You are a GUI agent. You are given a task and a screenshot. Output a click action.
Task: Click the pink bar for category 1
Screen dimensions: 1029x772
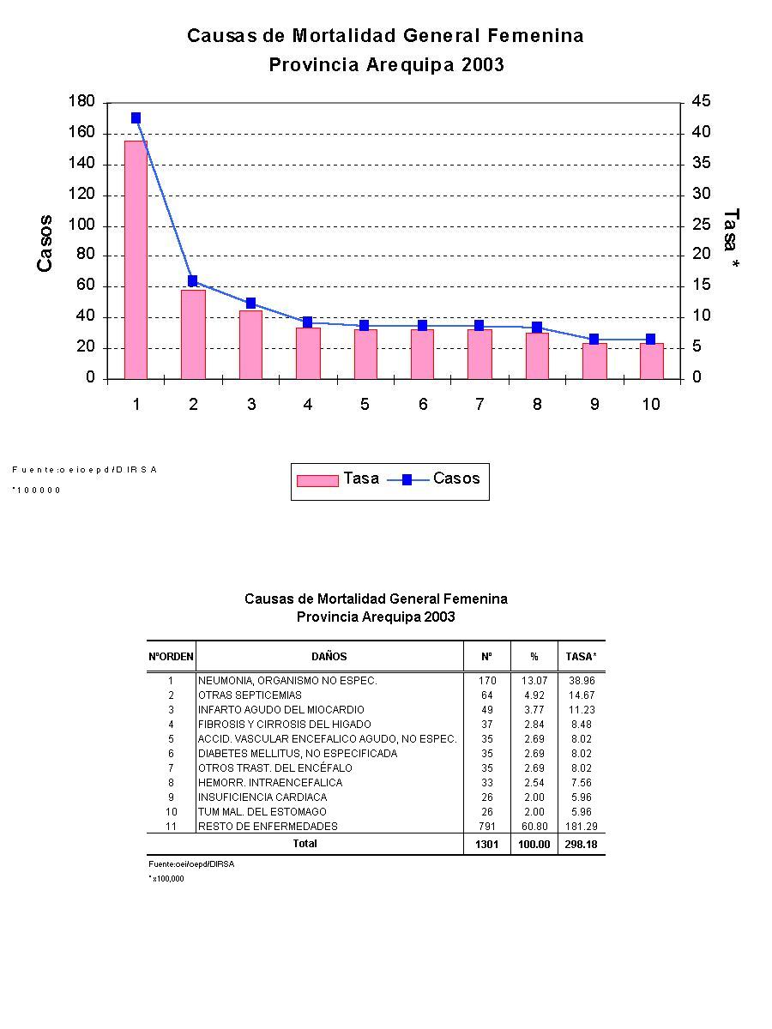pos(136,259)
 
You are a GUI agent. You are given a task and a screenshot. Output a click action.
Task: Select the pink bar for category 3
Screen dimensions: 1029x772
pos(250,345)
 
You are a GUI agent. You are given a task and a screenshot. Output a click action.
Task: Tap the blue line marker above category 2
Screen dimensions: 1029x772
pos(193,281)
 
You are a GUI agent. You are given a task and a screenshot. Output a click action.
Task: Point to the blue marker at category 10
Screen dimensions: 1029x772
pos(650,340)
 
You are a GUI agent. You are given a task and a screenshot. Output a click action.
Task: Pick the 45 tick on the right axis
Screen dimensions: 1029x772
pos(700,102)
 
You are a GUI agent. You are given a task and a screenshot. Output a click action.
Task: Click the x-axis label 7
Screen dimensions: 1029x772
pos(479,404)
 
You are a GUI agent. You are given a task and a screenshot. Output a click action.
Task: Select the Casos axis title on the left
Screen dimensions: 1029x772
pos(45,244)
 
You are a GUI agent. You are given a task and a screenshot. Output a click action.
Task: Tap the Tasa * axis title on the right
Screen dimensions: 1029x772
pos(731,240)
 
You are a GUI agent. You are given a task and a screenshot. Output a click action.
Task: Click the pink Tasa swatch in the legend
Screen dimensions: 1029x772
pos(317,480)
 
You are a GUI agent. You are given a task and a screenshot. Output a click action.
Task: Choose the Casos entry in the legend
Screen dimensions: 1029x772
pos(455,478)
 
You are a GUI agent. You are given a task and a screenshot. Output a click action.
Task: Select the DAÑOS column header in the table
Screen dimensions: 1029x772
pos(329,657)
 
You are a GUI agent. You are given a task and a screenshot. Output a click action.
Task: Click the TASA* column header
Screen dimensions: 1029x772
pos(581,657)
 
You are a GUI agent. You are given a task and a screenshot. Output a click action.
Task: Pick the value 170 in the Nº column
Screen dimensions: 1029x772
pos(486,681)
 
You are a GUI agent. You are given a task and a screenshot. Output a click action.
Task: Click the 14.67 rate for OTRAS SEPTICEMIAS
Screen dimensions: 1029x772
pos(582,695)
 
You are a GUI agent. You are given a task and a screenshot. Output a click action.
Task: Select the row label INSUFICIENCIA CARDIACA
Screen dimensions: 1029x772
pos(262,797)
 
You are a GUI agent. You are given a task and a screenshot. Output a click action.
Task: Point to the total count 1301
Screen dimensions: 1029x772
pos(486,845)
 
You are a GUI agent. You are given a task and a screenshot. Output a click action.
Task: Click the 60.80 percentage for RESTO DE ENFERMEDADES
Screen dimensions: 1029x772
pos(534,827)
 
